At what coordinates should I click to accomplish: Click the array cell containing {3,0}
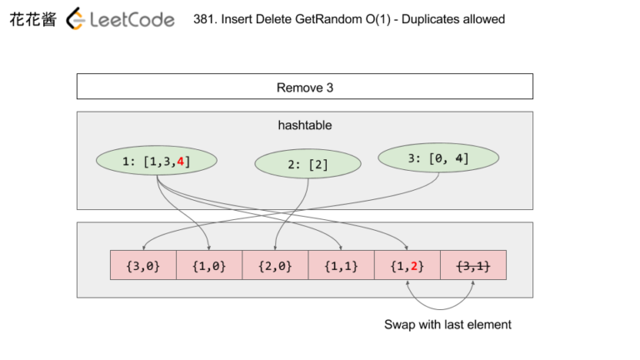pyautogui.click(x=142, y=266)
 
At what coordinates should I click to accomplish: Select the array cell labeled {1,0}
pyautogui.click(x=208, y=266)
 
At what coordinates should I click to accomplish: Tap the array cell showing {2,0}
pyautogui.click(x=274, y=266)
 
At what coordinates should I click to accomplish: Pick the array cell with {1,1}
pyautogui.click(x=341, y=266)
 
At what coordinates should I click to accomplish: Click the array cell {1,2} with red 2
pyautogui.click(x=407, y=266)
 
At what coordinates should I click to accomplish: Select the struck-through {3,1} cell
pyautogui.click(x=472, y=266)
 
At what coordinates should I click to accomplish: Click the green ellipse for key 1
pyautogui.click(x=156, y=162)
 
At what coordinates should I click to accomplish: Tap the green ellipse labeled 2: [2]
pyautogui.click(x=306, y=165)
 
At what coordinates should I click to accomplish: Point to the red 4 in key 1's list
pyautogui.click(x=180, y=162)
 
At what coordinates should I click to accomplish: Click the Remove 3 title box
pyautogui.click(x=304, y=87)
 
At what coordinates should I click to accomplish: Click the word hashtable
pyautogui.click(x=304, y=125)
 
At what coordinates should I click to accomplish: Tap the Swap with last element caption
pyautogui.click(x=447, y=324)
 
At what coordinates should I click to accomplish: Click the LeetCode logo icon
pyautogui.click(x=75, y=18)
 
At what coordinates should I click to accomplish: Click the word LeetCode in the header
pyautogui.click(x=132, y=19)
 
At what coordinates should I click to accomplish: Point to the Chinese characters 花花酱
pyautogui.click(x=32, y=19)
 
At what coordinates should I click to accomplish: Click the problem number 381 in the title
pyautogui.click(x=202, y=19)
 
